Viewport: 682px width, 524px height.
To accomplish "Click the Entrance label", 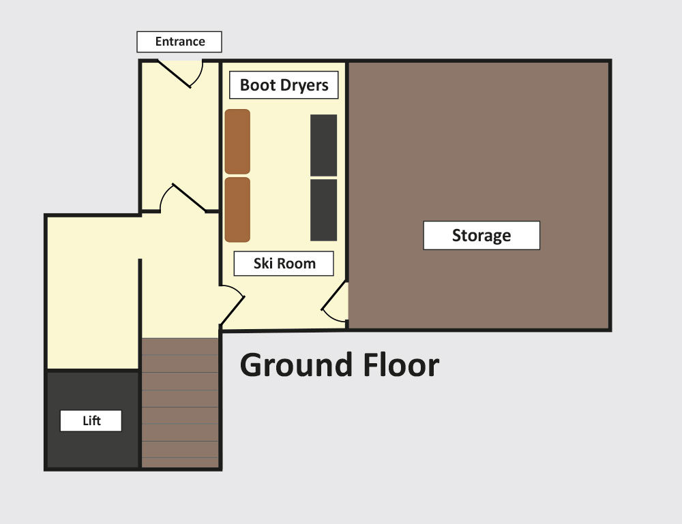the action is (x=179, y=42).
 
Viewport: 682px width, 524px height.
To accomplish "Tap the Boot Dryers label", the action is (x=284, y=84).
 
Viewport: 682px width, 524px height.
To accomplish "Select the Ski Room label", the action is (x=284, y=263).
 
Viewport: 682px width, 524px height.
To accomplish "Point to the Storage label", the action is (x=481, y=236).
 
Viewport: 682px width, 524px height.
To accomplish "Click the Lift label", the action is (x=91, y=420).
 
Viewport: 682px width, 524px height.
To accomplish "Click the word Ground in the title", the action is (x=296, y=367).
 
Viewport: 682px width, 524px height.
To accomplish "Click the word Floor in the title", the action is (x=401, y=365).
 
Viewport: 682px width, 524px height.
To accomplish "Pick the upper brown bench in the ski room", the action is (x=237, y=142).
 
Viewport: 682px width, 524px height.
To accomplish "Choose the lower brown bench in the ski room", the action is (x=237, y=209).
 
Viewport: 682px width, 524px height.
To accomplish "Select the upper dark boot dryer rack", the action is (x=323, y=145).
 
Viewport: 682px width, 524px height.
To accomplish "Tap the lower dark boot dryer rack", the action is (x=323, y=210).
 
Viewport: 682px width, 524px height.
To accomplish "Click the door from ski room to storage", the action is (x=334, y=303).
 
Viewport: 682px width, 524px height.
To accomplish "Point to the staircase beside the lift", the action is (x=180, y=403).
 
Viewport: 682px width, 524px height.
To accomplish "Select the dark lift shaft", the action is (x=93, y=420).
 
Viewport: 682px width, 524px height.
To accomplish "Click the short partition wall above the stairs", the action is (x=140, y=298).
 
